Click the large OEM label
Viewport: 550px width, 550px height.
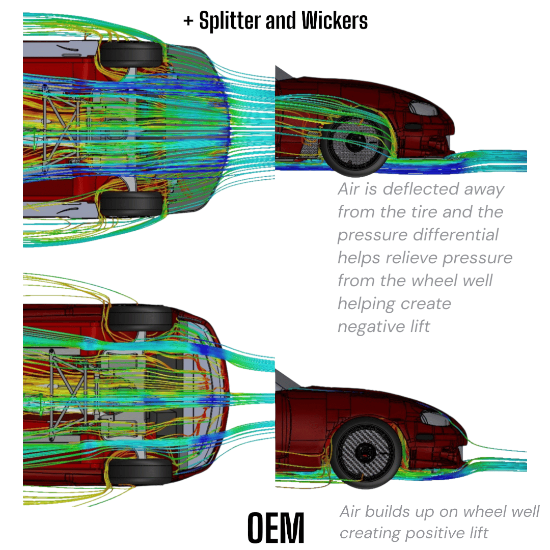276,527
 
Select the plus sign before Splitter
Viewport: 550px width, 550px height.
188,21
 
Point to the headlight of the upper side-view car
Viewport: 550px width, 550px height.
420,108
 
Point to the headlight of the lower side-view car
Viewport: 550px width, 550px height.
433,419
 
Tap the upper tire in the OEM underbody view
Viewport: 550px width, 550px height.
141,318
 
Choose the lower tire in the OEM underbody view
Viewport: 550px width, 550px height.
141,473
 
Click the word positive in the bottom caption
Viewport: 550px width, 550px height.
436,533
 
